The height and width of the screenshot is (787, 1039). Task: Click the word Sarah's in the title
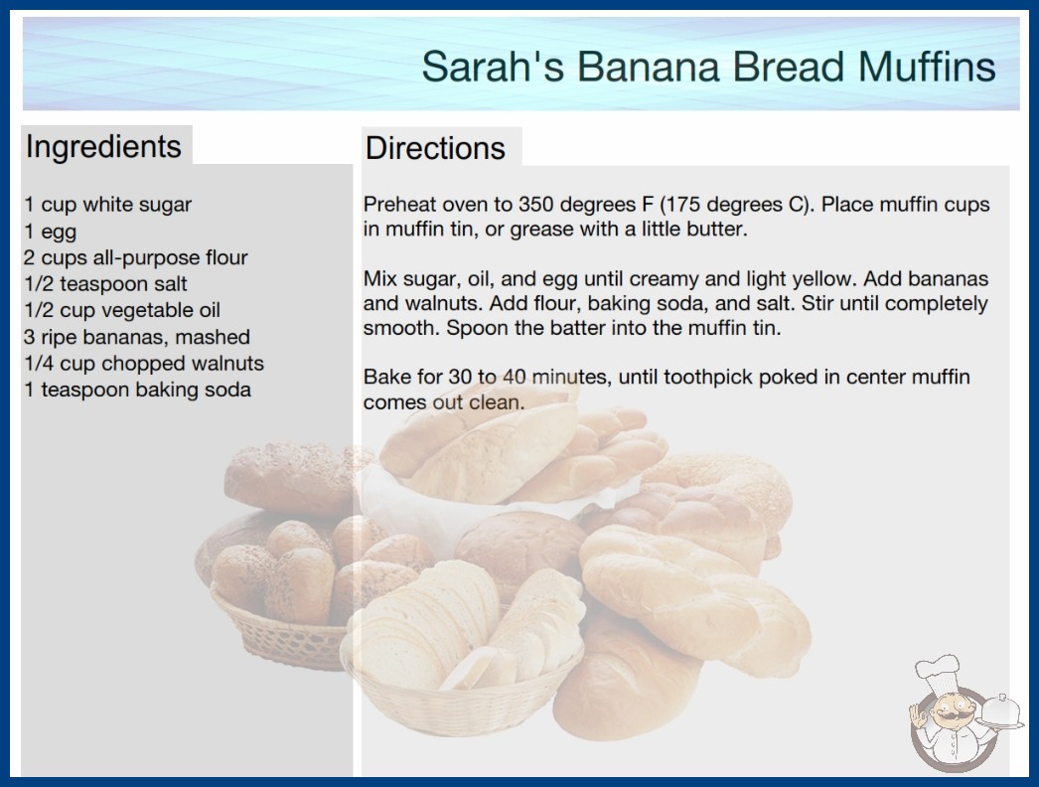click(x=493, y=67)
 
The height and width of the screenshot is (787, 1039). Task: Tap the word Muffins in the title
click(x=927, y=67)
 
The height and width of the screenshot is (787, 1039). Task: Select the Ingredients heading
click(x=103, y=146)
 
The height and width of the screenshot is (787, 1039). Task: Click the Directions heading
click(x=435, y=148)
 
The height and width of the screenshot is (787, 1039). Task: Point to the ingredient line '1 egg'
click(x=51, y=232)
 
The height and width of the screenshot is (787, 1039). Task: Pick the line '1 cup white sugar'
click(x=108, y=205)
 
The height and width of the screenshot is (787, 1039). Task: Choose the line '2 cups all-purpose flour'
click(x=136, y=257)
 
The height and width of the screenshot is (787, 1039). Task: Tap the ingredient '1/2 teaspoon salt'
click(x=105, y=284)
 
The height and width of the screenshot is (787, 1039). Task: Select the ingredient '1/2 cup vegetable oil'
click(x=122, y=310)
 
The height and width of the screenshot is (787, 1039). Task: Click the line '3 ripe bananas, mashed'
click(x=137, y=337)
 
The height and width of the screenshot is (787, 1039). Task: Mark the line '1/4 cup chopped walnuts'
click(x=144, y=364)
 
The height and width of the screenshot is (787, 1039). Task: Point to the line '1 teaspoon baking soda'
click(x=138, y=390)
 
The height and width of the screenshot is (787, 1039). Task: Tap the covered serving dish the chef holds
click(x=1000, y=712)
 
